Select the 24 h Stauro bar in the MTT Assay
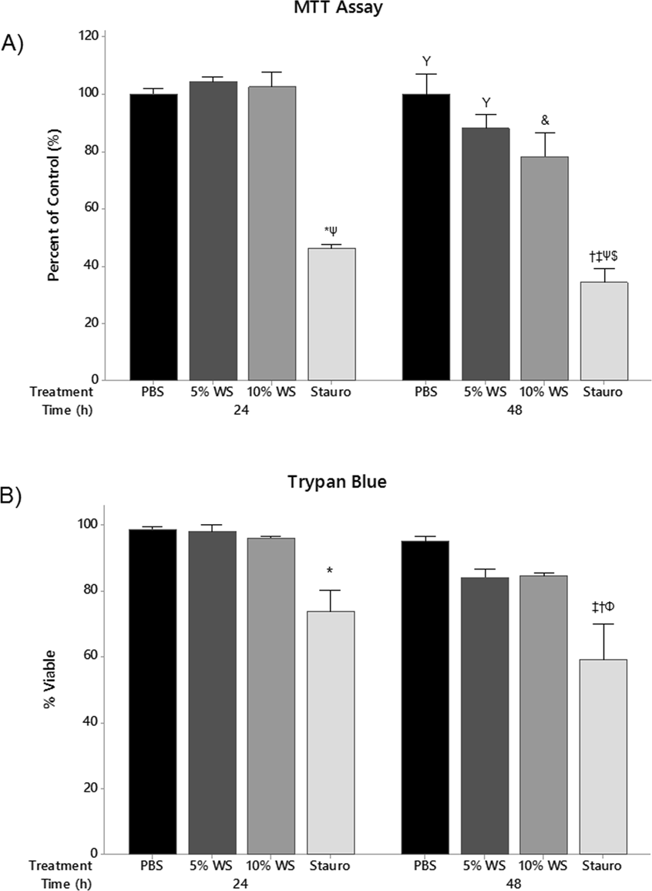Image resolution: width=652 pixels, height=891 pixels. [331, 314]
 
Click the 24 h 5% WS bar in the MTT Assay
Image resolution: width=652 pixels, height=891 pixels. [213, 230]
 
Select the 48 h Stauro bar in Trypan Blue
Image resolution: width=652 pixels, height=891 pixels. [603, 756]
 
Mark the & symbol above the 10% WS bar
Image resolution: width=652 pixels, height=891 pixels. [544, 120]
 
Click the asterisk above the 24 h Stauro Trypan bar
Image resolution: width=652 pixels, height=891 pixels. [329, 571]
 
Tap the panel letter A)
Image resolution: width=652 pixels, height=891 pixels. [14, 44]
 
